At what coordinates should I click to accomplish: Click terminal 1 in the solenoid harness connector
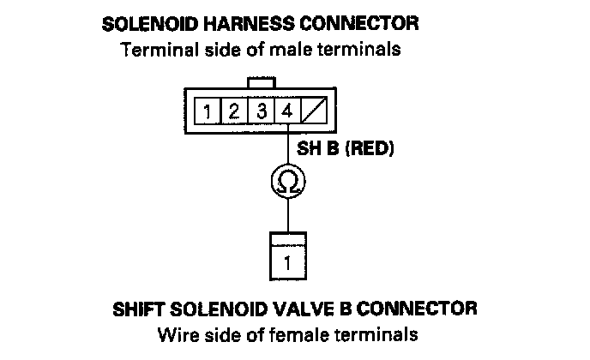208,111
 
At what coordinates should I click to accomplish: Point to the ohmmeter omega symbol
288,182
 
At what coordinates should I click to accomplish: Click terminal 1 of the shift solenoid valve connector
287,261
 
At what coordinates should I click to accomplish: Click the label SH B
315,148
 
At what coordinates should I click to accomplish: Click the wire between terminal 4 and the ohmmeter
288,147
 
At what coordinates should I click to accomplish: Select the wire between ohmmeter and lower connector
288,214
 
